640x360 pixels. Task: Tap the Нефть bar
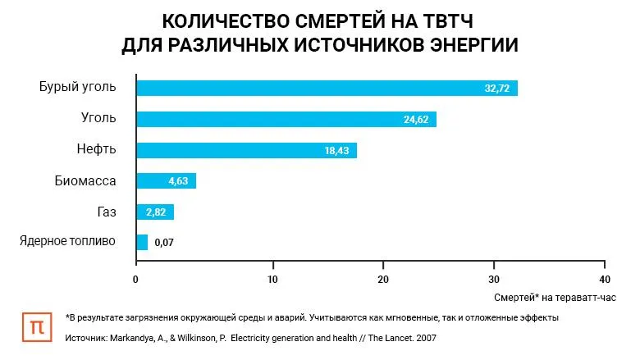click(246, 150)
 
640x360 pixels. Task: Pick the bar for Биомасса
click(166, 181)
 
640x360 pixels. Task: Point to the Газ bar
click(154, 212)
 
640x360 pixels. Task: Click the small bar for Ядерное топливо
click(142, 243)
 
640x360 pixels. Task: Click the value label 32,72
click(497, 89)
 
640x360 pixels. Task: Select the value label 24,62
click(416, 120)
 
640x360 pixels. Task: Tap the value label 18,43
click(336, 151)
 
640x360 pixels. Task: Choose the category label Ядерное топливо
click(67, 241)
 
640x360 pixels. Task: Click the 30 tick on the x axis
click(494, 279)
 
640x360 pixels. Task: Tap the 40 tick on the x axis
click(605, 279)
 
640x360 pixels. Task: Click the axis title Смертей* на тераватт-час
click(554, 297)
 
